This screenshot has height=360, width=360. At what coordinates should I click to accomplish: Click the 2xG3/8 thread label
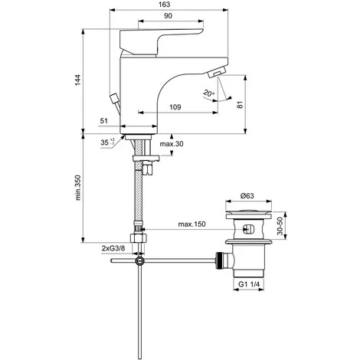point(116,249)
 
